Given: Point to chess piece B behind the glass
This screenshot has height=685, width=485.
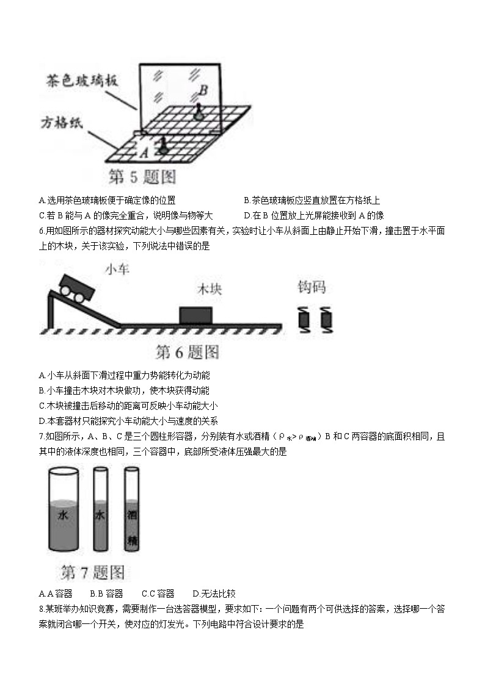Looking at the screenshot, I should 198,110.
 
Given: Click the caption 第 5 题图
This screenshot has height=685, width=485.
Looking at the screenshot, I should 142,177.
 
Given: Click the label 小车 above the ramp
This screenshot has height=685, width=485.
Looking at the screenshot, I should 117,269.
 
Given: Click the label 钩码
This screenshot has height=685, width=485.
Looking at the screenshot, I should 312,287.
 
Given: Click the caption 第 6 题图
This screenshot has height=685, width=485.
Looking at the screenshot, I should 188,352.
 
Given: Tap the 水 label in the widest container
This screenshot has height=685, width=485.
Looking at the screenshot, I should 62,516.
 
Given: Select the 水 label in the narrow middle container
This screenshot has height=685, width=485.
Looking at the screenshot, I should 101,515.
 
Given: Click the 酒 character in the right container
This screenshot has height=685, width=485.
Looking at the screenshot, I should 132,515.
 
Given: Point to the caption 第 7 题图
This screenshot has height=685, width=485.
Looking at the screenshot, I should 92,573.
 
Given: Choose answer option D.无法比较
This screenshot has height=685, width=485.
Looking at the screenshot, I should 214,594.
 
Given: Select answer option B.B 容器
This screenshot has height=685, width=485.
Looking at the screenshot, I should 106,594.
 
